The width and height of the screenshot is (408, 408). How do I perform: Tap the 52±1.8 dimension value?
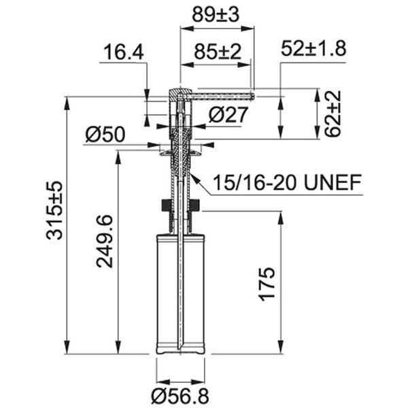(313, 49)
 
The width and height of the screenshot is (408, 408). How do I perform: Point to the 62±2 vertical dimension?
(333, 114)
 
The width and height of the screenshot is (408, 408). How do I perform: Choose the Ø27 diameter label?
(228, 115)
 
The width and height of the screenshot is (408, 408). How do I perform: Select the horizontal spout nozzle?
(221, 96)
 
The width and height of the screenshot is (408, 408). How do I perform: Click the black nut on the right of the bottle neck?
(196, 205)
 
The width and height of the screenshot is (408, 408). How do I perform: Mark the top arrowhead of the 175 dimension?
(280, 216)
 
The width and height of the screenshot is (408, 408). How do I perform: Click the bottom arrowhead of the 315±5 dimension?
(66, 348)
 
